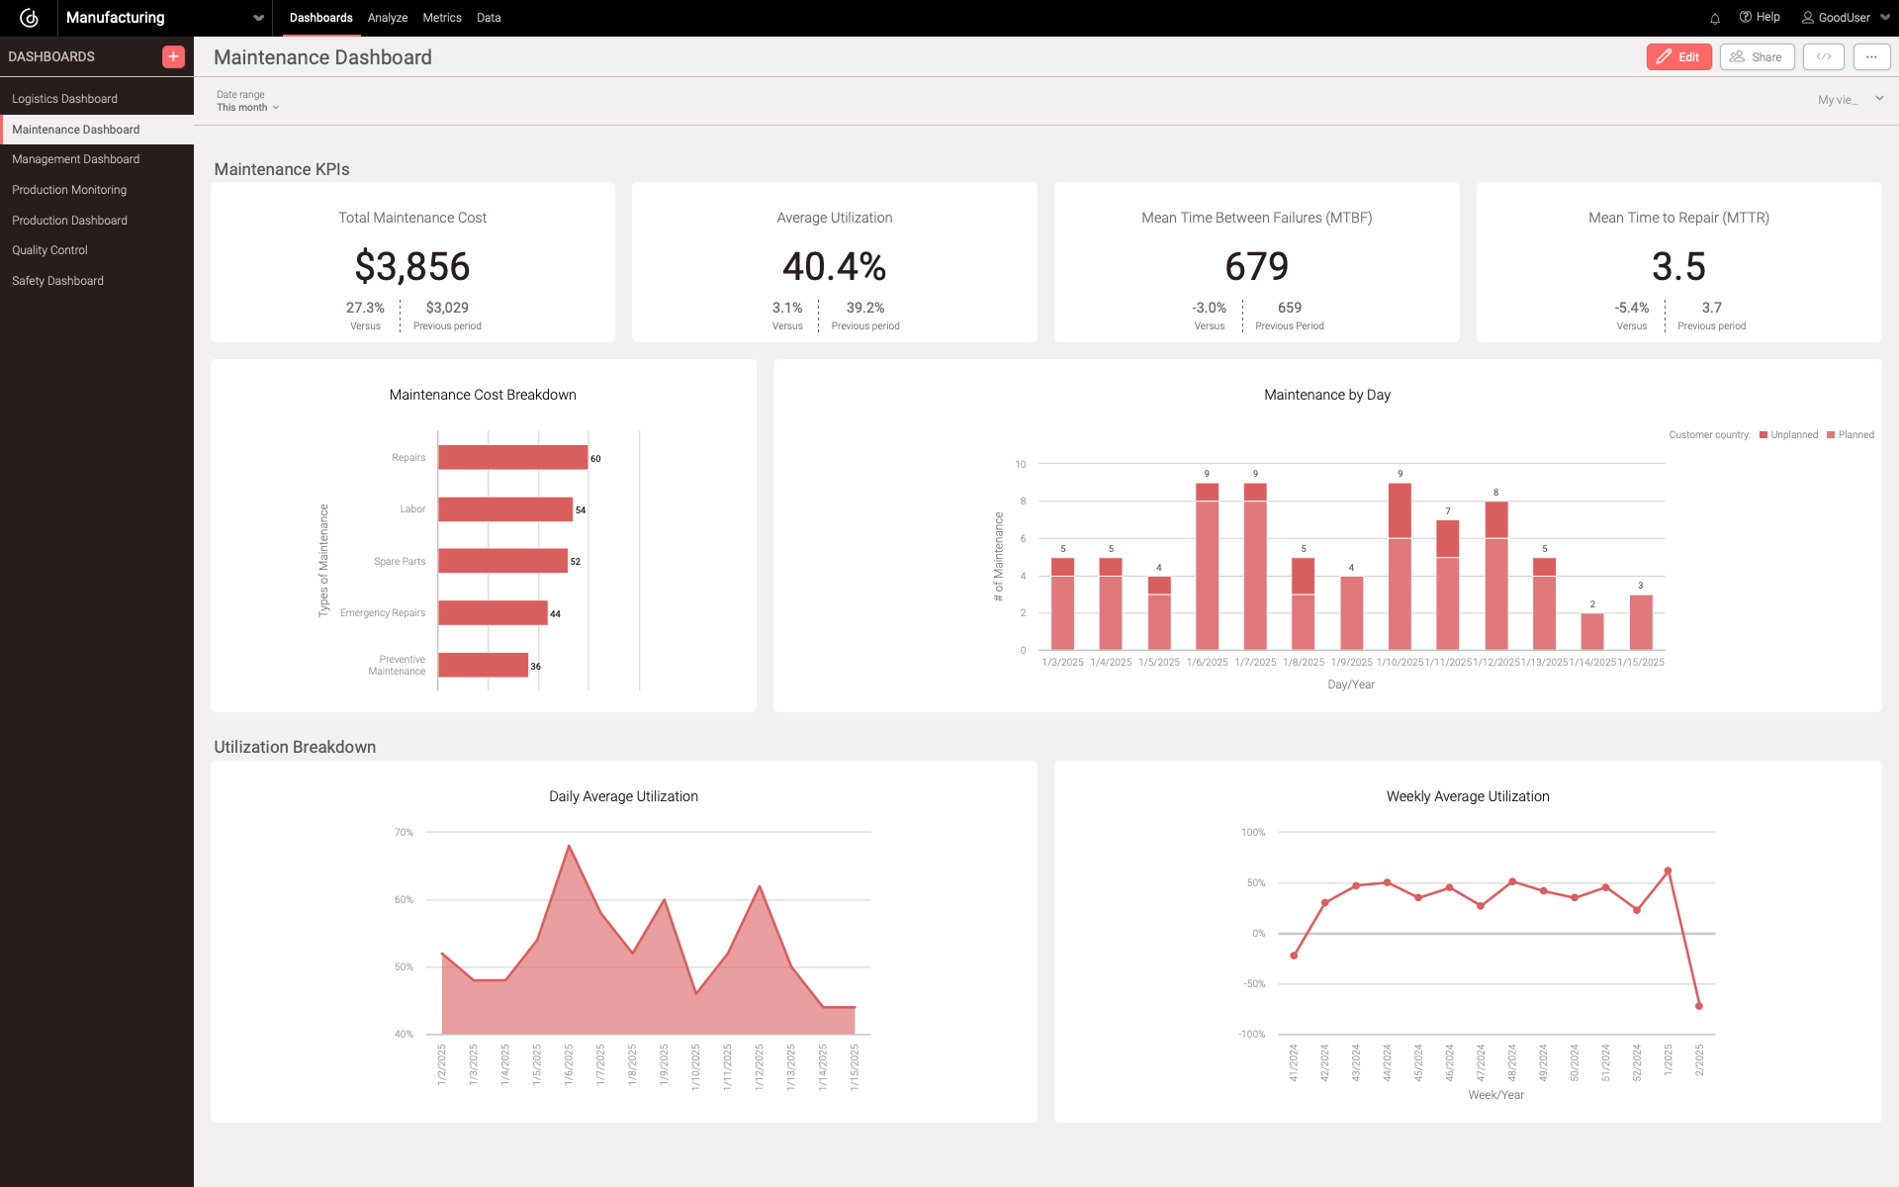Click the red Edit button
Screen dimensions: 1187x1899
1678,57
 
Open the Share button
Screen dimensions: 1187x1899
1757,57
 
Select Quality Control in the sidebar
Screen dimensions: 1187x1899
49,250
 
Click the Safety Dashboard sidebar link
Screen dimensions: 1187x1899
57,281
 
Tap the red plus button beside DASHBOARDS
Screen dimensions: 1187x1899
173,56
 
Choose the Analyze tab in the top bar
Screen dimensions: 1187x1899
388,18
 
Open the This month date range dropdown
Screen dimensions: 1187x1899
247,107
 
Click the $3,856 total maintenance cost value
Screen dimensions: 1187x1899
412,266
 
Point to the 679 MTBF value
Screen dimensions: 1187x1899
1256,266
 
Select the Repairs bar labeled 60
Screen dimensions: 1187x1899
512,457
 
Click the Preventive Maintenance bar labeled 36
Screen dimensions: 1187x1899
483,665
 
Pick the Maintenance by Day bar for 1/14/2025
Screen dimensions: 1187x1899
1592,631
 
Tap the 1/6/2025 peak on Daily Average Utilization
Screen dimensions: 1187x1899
569,846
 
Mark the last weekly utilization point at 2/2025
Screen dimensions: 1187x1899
1699,1006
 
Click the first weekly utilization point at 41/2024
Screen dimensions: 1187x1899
1294,956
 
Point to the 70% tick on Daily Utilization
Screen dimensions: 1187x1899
404,833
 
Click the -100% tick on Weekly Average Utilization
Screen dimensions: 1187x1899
1251,1034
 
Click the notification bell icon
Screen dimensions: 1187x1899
1715,18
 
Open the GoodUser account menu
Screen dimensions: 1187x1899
1845,18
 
